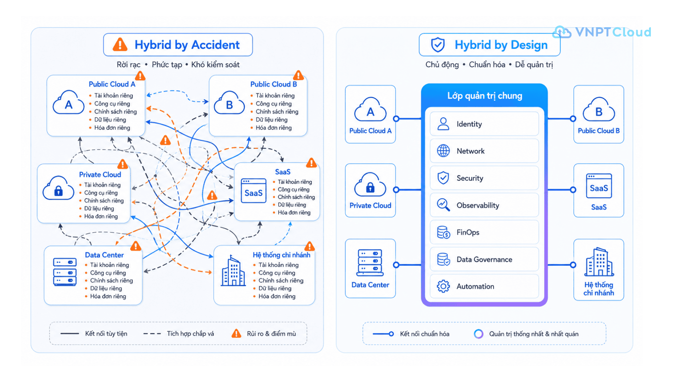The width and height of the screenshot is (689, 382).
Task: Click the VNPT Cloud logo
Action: point(602,32)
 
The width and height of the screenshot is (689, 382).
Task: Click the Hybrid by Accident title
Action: point(187,45)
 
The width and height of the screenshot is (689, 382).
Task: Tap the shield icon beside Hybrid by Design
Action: point(438,45)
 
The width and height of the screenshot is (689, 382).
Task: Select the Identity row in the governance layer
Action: point(484,124)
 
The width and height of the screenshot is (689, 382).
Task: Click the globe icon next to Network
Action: point(443,151)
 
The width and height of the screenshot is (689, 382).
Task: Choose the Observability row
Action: point(484,205)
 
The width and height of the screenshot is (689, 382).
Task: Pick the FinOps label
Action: point(468,232)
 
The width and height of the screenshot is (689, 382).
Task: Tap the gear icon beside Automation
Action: point(443,286)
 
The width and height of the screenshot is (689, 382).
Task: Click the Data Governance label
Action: point(484,259)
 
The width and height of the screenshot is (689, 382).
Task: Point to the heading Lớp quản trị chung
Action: point(484,96)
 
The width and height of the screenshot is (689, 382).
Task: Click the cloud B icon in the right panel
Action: point(599,110)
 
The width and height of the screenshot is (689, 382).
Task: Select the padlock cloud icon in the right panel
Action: point(370,185)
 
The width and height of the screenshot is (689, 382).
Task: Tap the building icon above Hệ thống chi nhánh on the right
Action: point(599,262)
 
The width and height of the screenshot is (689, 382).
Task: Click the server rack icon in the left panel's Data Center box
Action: point(65,272)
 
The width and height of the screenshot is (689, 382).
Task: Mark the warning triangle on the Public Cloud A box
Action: point(140,76)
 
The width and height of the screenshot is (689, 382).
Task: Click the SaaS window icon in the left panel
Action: point(253,191)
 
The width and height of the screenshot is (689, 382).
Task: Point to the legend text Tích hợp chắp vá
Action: point(190,334)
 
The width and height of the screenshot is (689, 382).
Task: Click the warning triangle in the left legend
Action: point(237,333)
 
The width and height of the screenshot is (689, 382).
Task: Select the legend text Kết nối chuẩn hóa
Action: point(424,334)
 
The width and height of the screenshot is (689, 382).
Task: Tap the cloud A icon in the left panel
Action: point(68,103)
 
